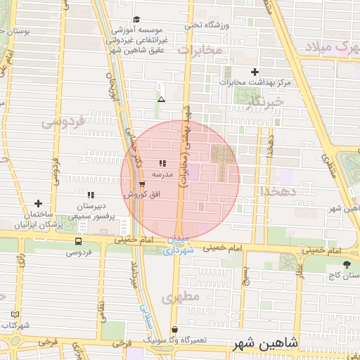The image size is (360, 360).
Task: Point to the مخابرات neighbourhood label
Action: pos(200,50)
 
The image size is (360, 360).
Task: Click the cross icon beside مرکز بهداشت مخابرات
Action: pos(255,72)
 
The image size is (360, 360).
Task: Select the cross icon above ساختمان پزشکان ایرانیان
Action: pos(38,203)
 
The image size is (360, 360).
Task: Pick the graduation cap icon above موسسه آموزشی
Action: pos(136,19)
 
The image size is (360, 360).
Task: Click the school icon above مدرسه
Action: pos(162,163)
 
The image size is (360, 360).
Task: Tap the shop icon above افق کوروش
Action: pos(143,184)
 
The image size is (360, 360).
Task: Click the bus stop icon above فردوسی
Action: pos(77,240)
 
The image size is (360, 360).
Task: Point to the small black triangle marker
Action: pos(161,99)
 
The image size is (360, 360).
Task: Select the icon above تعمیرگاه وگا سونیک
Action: pos(174,329)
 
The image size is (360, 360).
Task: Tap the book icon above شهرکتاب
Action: pos(16,314)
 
